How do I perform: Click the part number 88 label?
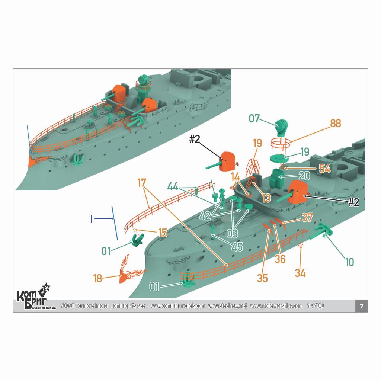click(x=335, y=123)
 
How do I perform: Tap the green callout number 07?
click(x=254, y=119)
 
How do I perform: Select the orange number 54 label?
click(x=325, y=169)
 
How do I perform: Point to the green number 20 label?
click(x=304, y=176)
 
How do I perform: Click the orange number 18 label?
click(x=98, y=278)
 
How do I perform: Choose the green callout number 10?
click(x=350, y=262)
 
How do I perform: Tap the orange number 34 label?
click(x=300, y=273)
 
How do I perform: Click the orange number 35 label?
click(x=262, y=278)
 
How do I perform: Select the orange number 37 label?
click(x=307, y=217)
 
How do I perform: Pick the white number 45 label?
click(x=237, y=247)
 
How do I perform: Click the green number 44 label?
click(x=173, y=187)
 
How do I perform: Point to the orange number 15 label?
click(x=163, y=233)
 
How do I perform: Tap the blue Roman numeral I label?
click(x=92, y=219)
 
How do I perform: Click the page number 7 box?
click(x=362, y=306)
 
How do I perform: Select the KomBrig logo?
click(x=34, y=297)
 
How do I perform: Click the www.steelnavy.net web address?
click(x=228, y=306)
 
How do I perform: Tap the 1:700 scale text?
click(x=316, y=306)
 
